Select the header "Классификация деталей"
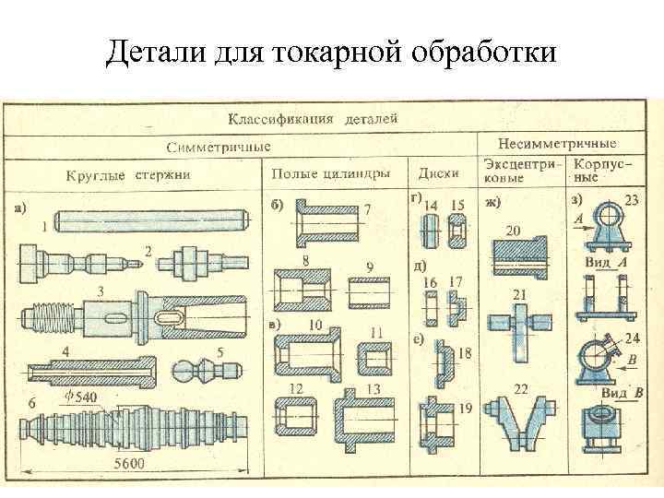pos(314,119)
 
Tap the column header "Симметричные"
pos(219,147)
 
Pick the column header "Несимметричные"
pos(556,144)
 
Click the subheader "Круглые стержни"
pos(128,173)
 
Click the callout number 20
pos(513,230)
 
